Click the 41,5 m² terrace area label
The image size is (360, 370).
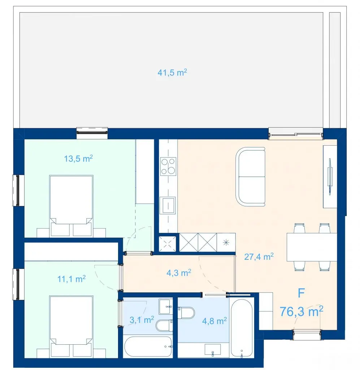[172, 72]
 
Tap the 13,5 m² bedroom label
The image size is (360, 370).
[78, 158]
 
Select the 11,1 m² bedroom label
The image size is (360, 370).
[71, 279]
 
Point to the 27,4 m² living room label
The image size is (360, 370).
[259, 257]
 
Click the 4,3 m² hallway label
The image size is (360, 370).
[179, 273]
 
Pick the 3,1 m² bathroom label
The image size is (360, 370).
[142, 320]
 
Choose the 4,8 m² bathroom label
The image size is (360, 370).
[214, 321]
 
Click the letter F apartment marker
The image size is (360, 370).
[301, 293]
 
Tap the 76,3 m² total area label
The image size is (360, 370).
[301, 311]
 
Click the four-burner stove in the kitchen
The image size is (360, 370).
[168, 166]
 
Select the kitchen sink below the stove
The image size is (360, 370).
[168, 205]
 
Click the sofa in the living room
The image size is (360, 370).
[250, 177]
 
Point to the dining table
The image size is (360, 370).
[312, 247]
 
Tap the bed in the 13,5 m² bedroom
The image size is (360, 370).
[71, 206]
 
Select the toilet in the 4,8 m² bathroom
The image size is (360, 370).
[186, 313]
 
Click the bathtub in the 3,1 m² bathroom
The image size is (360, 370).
[148, 347]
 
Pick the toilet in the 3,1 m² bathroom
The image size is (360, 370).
[164, 326]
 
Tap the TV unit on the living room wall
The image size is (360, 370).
[330, 176]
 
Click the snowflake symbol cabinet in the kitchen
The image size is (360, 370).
[226, 242]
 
